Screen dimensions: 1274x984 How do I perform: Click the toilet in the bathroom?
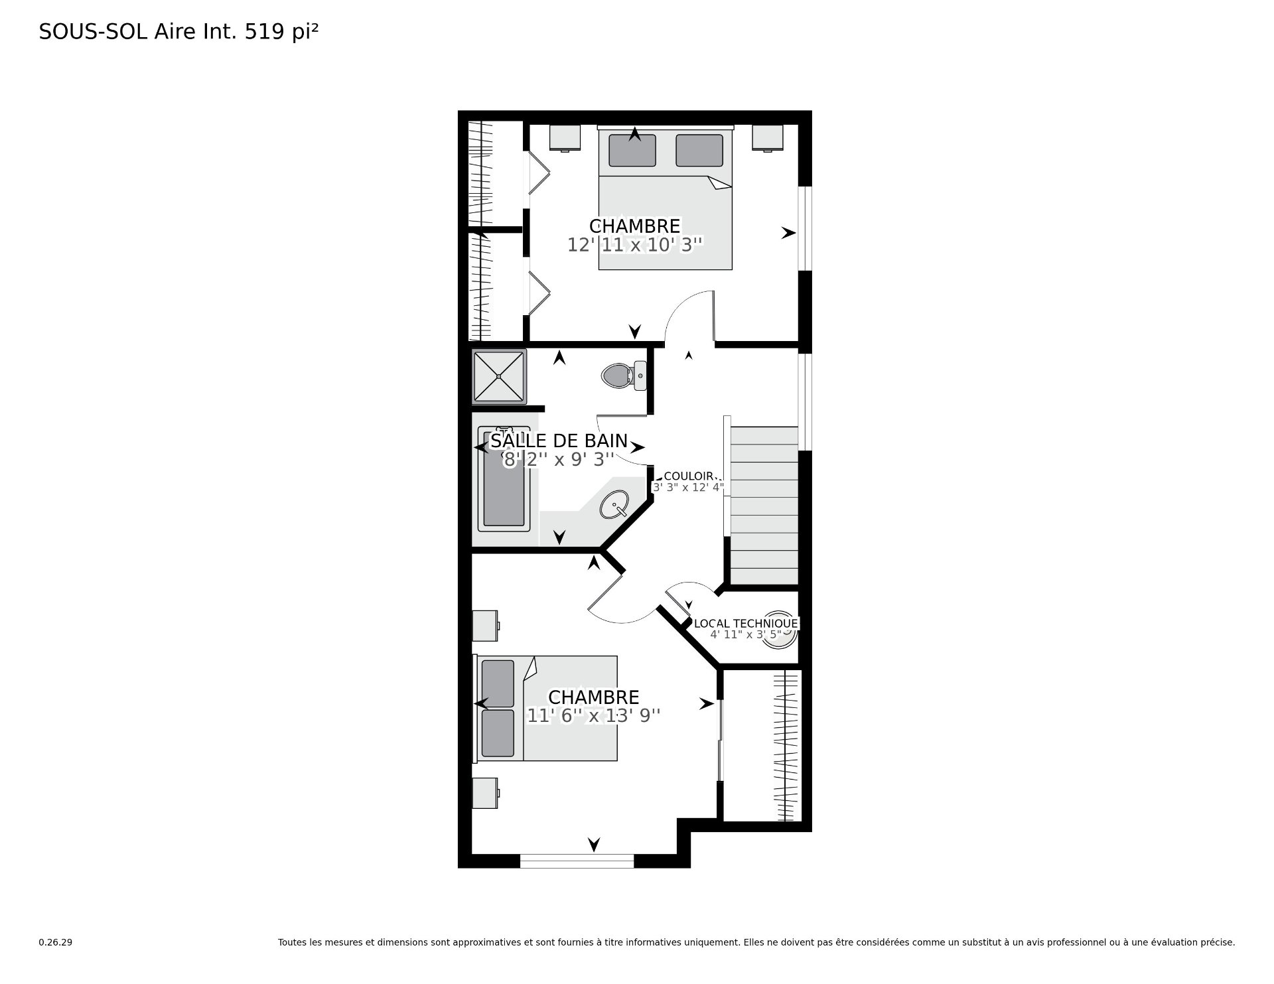tap(624, 376)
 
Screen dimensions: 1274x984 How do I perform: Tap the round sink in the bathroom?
tap(615, 504)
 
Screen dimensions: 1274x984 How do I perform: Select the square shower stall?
tap(499, 376)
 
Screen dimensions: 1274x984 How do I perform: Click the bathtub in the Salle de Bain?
tap(504, 478)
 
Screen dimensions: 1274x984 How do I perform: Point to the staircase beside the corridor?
tap(763, 506)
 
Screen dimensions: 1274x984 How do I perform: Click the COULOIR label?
tap(689, 476)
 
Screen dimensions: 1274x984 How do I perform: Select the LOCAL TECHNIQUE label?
tap(746, 624)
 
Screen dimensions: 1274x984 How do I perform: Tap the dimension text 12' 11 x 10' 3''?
tap(634, 245)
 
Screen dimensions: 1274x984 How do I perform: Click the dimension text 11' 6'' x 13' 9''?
tap(594, 716)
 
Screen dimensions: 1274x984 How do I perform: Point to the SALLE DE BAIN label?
tap(559, 441)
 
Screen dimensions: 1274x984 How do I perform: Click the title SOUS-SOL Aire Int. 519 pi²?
tap(178, 32)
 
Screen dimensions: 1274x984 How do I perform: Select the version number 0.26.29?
tap(56, 942)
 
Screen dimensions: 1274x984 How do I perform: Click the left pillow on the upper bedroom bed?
tap(632, 151)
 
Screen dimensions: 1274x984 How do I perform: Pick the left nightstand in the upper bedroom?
tap(565, 137)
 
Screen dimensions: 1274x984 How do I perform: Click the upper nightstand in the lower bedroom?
tap(486, 626)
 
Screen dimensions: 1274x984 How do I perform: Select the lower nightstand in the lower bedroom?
tap(486, 794)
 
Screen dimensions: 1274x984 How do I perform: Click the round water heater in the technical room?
tap(782, 625)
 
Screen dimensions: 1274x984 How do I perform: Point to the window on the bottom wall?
tap(577, 861)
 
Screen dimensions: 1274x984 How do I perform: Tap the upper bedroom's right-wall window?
tap(805, 228)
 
